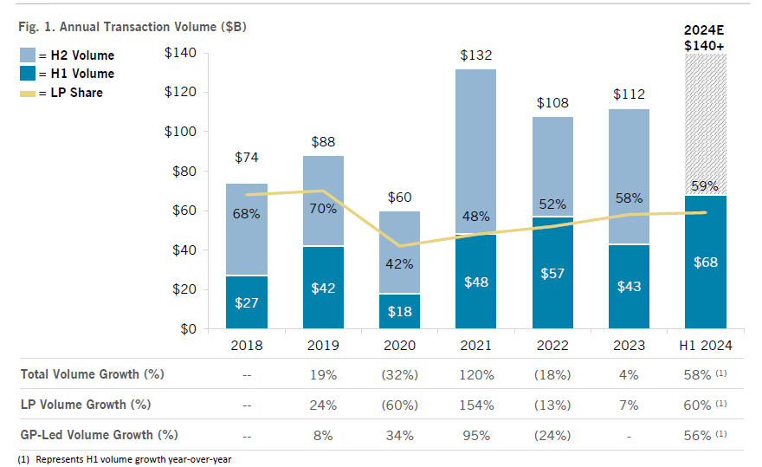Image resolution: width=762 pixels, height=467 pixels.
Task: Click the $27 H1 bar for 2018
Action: pos(247,302)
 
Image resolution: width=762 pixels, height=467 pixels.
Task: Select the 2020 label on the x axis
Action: pos(399,345)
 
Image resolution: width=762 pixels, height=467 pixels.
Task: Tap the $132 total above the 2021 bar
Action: pos(475,55)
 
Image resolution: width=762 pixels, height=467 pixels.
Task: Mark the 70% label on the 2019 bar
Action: pos(323,209)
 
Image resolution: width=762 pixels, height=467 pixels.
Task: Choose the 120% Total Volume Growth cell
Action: pos(475,374)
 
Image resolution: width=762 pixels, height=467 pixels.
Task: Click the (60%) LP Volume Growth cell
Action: pos(399,405)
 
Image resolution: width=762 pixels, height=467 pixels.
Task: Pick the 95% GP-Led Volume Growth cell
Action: pos(475,435)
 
